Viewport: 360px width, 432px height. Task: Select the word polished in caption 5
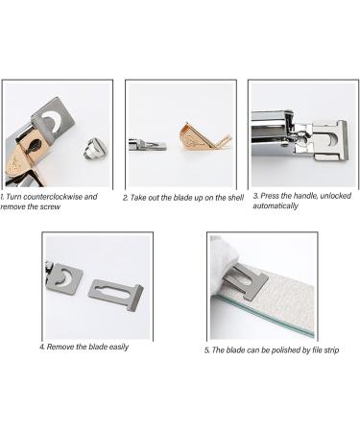pos(275,349)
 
